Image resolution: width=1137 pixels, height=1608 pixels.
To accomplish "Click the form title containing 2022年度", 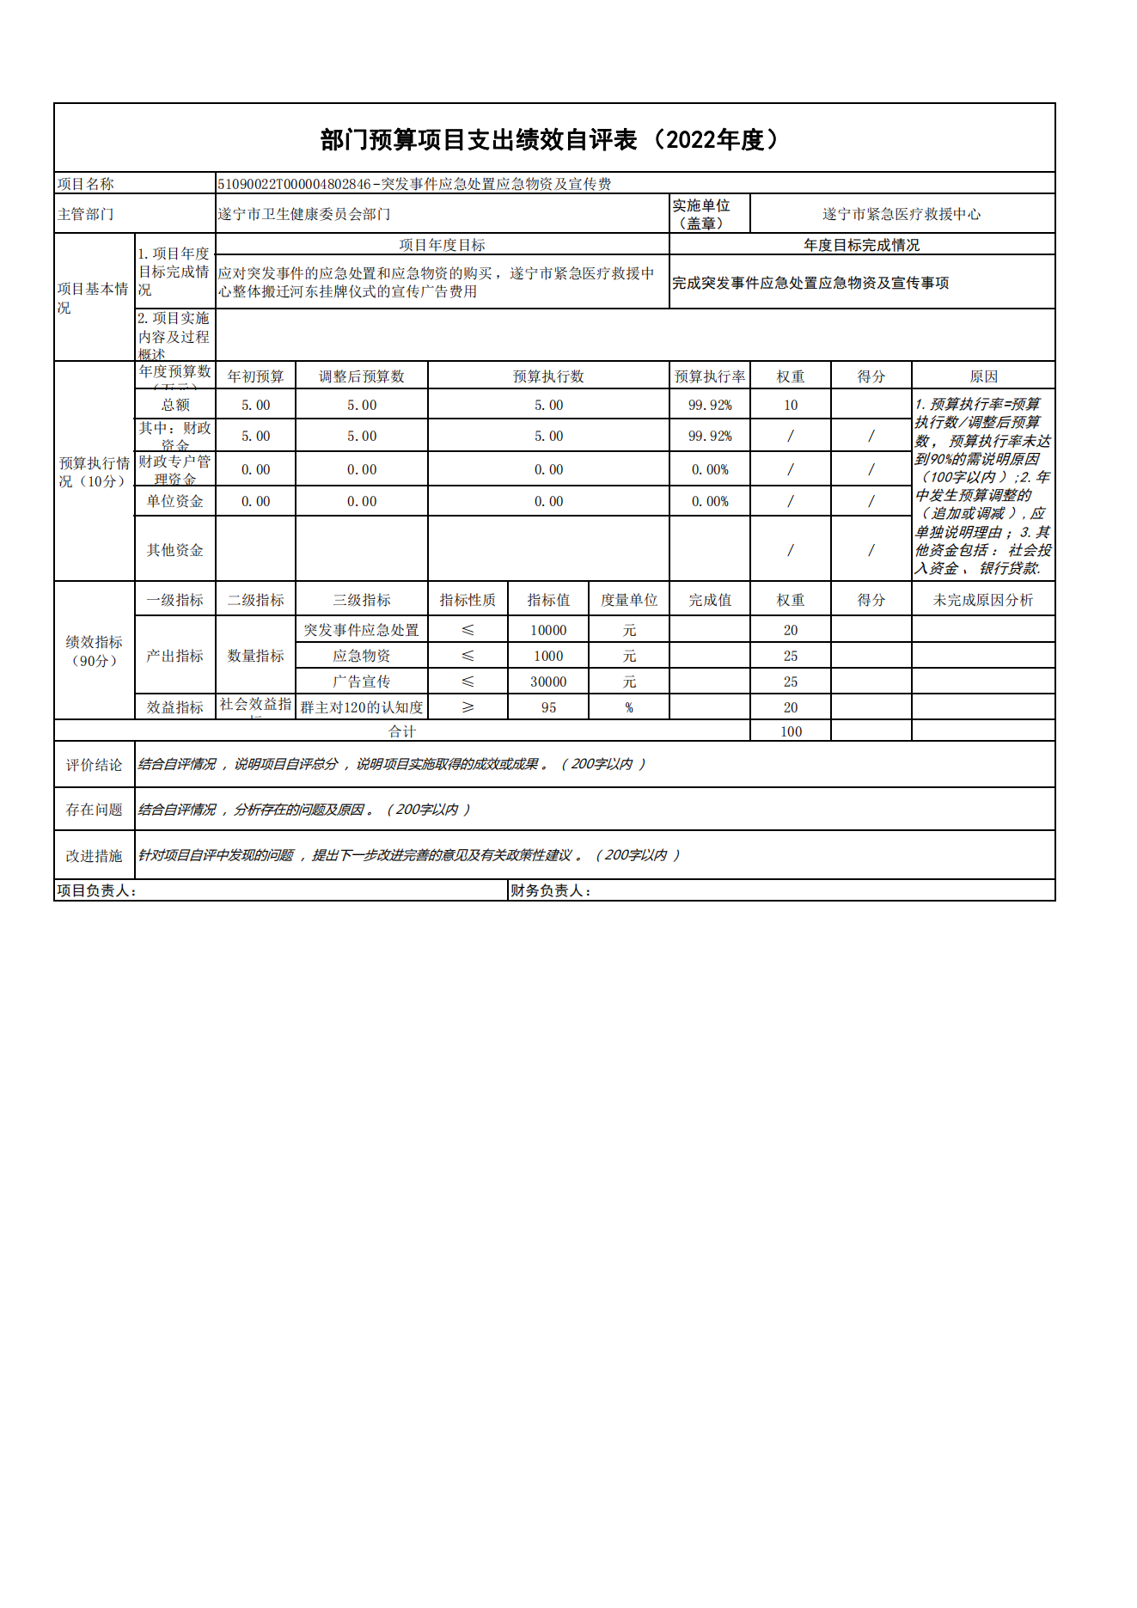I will pos(553,139).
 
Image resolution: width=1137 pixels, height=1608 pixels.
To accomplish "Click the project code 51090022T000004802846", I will pos(294,184).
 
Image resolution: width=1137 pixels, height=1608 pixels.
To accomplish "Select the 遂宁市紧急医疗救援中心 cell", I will pos(901,214).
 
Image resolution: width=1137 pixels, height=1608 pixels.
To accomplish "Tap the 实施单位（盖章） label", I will pos(701,214).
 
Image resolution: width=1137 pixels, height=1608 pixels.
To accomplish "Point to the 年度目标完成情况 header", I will pos(861,245).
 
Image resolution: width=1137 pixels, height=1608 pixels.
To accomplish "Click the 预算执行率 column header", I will pos(710,376).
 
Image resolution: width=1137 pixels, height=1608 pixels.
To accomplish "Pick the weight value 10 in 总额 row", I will pos(791,405).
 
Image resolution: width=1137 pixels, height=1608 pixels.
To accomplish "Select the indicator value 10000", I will pos(548,630).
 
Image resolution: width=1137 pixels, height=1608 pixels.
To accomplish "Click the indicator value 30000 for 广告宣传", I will pos(548,682).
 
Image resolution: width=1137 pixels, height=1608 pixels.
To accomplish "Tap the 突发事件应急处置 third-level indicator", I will pos(362,630).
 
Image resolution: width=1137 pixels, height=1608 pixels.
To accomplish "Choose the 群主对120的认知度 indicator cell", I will pos(362,707).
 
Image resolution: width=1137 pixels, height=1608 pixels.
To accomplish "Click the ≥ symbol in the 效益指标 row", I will pos(468,707).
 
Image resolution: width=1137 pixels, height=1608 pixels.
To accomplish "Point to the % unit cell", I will pos(629,707).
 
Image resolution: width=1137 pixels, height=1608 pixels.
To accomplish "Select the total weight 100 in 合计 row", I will pos(791,731).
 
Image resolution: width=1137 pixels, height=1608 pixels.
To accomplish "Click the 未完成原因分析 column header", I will pos(983,600).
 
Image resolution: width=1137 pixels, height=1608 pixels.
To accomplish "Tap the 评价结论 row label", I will pos(95,765).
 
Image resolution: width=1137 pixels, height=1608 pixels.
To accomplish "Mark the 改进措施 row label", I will pos(95,856).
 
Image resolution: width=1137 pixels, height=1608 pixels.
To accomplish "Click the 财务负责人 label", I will pos(551,891).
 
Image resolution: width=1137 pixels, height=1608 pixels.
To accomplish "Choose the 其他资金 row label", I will pos(175,550).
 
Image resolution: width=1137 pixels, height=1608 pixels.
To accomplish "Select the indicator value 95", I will pos(548,707).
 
